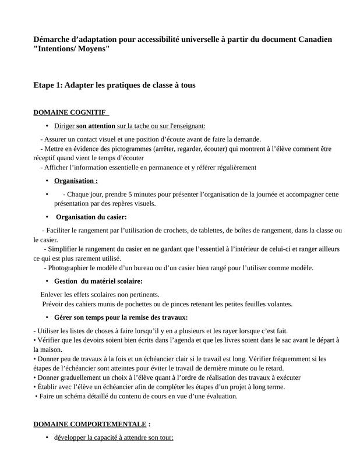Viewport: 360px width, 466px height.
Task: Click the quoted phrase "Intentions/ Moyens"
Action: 72,50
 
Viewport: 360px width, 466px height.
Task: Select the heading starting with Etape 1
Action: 114,85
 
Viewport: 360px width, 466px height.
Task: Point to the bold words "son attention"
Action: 96,126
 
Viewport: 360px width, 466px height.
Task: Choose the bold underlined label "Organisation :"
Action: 76,181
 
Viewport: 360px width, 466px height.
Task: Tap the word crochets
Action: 183,230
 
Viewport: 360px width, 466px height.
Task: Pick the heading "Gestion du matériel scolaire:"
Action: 98,281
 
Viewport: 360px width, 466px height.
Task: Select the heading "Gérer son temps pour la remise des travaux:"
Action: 121,317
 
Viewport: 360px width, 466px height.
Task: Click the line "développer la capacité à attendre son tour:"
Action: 114,437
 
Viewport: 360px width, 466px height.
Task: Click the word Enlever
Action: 53,294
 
